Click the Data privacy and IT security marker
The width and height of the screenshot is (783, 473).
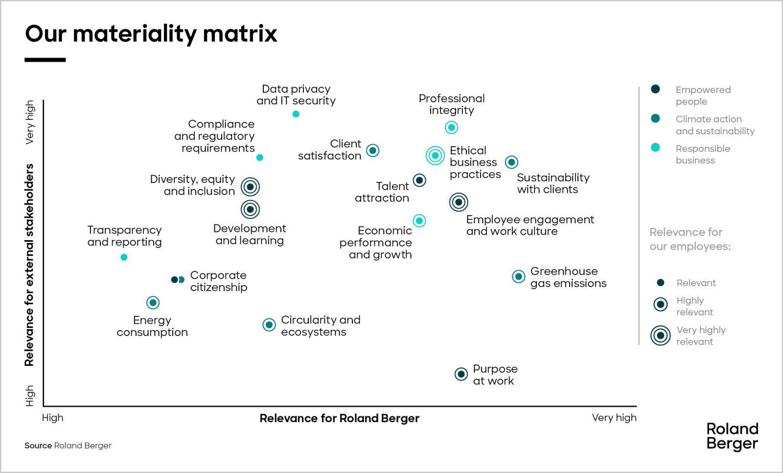296,114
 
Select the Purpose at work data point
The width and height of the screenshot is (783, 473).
461,374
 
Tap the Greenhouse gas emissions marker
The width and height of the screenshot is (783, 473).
518,276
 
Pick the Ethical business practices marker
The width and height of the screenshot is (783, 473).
435,156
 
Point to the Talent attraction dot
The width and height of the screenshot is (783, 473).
419,180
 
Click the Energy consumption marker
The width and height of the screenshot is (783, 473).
153,302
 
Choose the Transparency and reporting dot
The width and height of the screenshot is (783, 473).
124,257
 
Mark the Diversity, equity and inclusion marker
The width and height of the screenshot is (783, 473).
250,186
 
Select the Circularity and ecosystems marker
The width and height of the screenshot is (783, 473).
269,325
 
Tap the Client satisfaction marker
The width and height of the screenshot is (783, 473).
373,150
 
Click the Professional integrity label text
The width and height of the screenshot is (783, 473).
451,104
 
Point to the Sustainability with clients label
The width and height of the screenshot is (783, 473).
553,183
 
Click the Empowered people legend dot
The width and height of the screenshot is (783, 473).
655,89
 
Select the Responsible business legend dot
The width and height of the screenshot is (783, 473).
655,148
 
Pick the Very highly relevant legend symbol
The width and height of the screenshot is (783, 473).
660,336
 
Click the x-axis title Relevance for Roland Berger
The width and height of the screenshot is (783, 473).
339,418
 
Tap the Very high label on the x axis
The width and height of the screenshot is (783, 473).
614,418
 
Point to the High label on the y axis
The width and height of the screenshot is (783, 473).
30,395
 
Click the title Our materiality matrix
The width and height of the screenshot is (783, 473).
151,34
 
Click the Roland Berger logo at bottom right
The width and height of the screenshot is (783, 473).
732,436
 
